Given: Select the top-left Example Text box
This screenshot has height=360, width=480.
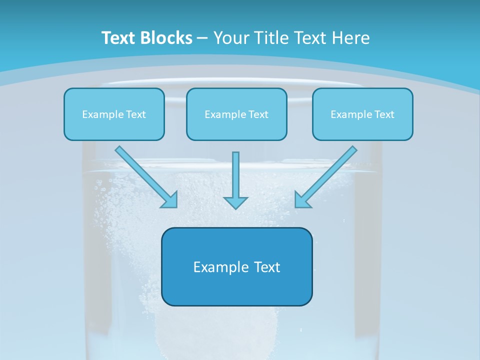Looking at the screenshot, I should tap(114, 114).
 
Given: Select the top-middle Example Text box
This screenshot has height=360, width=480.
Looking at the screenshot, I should tap(236, 114).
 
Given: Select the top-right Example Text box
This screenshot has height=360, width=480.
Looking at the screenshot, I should tap(362, 114).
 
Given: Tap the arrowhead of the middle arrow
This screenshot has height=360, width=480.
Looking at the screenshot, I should tap(235, 202).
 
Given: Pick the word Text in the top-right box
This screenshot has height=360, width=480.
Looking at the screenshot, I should tap(384, 114).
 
